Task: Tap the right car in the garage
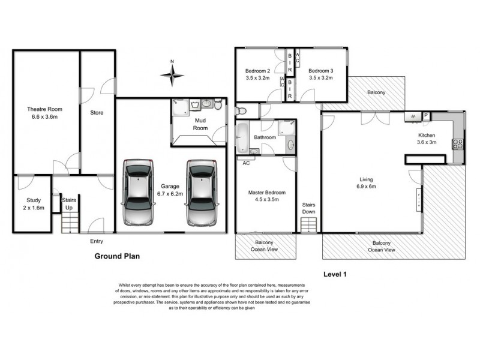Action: tap(201, 192)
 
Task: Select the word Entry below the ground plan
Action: tap(97, 241)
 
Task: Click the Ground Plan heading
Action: tap(117, 255)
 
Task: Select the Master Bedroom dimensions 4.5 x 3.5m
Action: tap(267, 200)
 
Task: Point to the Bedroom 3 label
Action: tap(320, 70)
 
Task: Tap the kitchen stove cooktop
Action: tap(457, 143)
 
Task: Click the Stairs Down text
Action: tap(308, 208)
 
